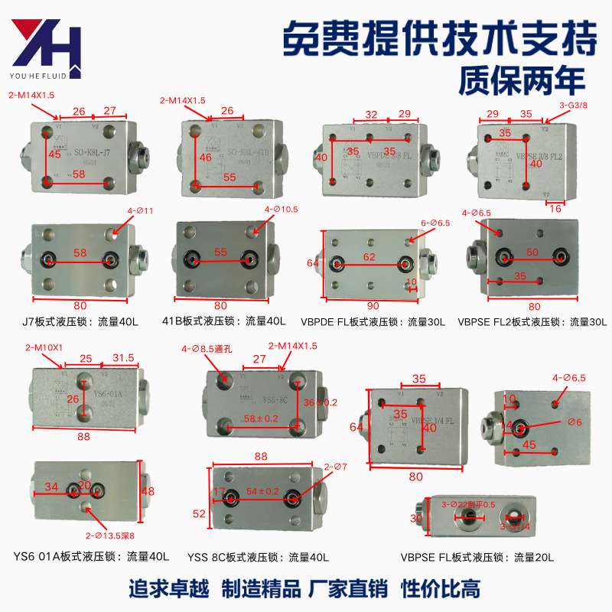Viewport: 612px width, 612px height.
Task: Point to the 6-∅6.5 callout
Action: coord(435,223)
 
